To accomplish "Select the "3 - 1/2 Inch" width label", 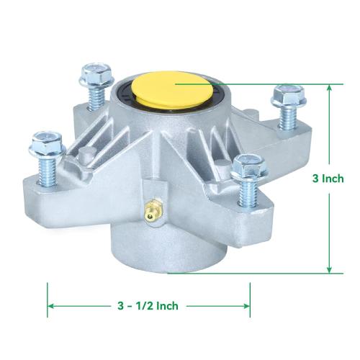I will pos(148,306).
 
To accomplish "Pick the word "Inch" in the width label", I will pos(166,306).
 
